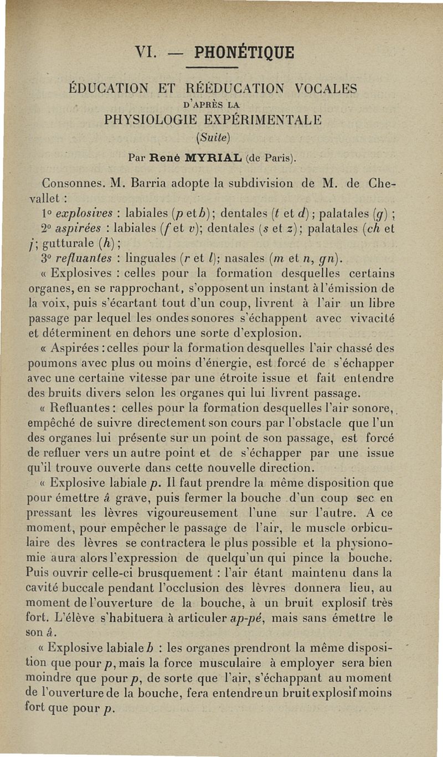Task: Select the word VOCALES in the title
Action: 326,88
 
